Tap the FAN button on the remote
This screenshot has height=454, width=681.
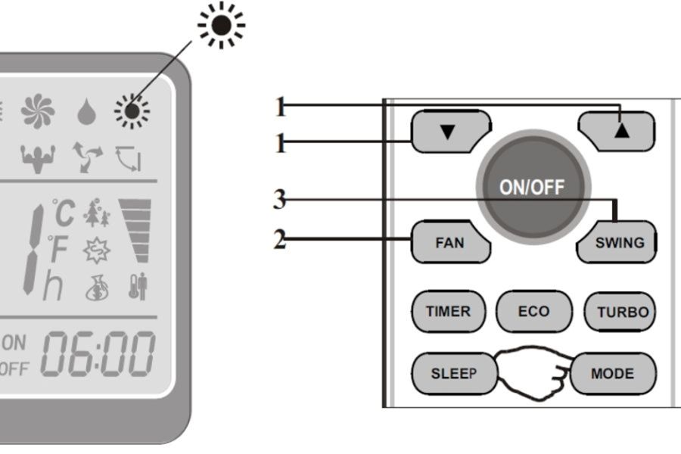coord(449,243)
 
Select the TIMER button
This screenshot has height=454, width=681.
coord(448,311)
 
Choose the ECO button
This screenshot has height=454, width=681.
coord(533,311)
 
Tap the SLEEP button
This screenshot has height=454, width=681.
coord(452,374)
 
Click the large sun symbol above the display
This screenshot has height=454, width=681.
coord(221,26)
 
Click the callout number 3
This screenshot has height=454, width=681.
coord(280,201)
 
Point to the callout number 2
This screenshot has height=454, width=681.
coord(280,241)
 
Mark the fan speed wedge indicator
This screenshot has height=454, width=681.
coord(135,227)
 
